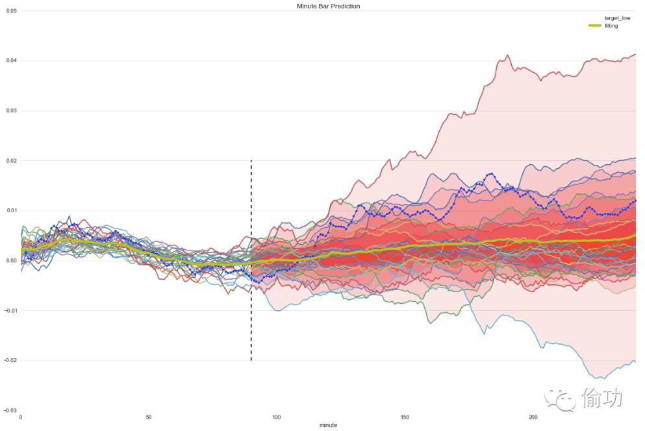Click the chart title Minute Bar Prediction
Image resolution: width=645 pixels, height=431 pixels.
328,6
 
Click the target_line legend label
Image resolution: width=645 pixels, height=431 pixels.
617,18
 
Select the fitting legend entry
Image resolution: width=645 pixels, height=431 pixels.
611,25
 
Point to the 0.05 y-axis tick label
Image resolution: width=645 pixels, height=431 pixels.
11,11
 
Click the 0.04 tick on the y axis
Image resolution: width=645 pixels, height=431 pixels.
11,61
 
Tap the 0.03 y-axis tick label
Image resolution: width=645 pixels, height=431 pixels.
11,111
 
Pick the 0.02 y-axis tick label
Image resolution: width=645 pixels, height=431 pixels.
11,161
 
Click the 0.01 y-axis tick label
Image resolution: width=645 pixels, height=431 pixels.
11,211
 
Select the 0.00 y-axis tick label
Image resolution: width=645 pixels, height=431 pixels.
11,261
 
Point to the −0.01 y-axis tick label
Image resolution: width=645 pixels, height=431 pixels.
10,311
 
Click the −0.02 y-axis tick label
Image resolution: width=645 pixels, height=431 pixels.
10,361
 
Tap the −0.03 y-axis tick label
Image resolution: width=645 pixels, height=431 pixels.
10,411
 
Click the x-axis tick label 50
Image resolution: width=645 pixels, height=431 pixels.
149,417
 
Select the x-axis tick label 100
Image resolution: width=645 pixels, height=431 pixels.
277,417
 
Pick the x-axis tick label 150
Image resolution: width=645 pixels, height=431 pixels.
405,417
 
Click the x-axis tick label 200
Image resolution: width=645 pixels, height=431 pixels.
533,417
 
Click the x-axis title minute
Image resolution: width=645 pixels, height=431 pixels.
328,425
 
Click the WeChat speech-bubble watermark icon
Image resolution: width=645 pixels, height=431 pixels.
561,399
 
